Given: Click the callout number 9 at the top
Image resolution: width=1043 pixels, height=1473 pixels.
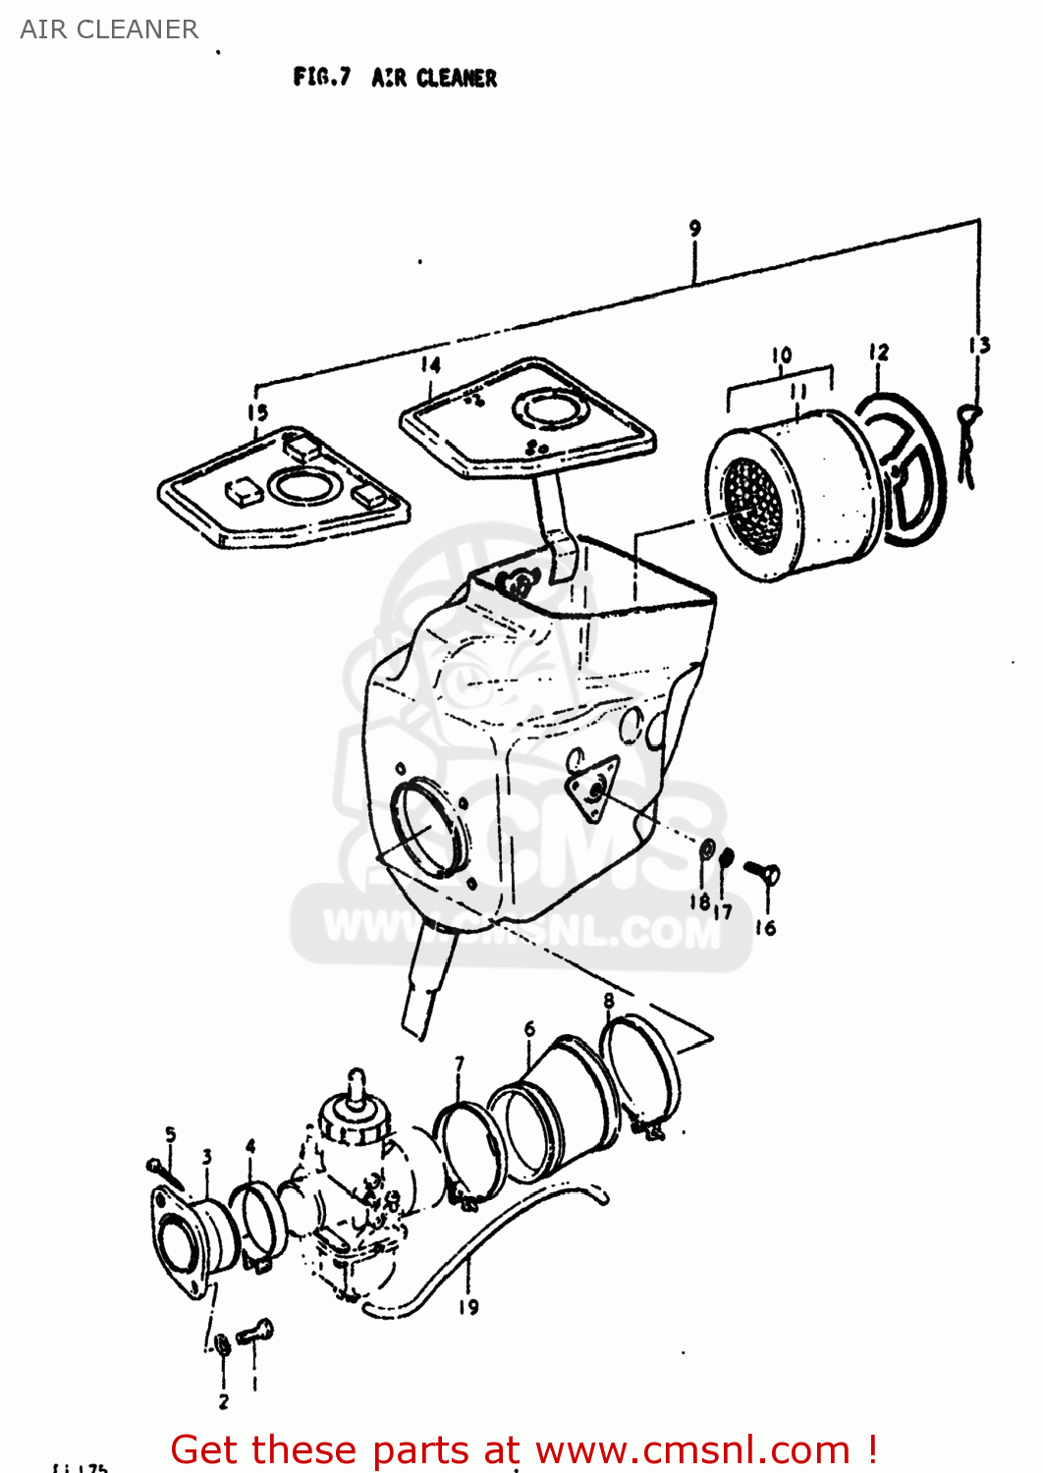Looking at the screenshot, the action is [694, 228].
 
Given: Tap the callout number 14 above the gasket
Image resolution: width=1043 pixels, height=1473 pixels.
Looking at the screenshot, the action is [430, 364].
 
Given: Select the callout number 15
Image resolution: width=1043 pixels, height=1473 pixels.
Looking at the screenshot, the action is [257, 412].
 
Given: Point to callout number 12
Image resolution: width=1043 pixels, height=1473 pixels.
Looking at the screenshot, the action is [878, 352].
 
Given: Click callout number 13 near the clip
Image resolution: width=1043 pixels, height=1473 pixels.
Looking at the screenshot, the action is [978, 345].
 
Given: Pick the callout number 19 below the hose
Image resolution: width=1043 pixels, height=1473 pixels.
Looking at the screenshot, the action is [468, 1307].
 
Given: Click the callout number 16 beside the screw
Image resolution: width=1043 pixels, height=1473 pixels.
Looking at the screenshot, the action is [765, 927].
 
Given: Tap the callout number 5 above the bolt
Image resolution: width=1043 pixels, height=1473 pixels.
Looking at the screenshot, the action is [170, 1135].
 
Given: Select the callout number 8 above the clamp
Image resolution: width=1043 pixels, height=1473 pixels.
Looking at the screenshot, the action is [609, 1001].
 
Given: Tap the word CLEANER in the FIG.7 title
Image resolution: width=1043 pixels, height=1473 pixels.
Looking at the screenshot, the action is [457, 78].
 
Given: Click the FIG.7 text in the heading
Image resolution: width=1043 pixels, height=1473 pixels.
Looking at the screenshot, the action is [321, 77].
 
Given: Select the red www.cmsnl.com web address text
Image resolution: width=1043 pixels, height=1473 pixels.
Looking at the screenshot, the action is [692, 1449].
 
